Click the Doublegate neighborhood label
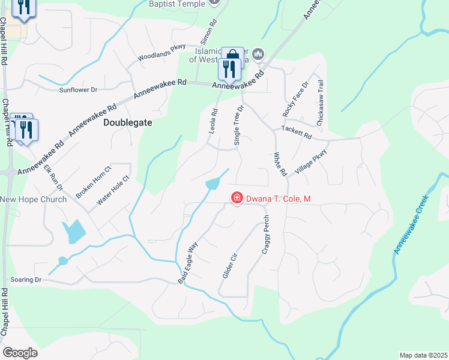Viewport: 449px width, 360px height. click(x=128, y=122)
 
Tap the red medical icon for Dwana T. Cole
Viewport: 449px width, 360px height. click(x=237, y=198)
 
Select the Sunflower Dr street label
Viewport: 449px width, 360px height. click(x=78, y=90)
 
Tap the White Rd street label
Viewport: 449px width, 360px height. click(x=280, y=164)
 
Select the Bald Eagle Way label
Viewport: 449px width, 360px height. click(x=187, y=263)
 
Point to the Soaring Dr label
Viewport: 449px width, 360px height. click(x=26, y=280)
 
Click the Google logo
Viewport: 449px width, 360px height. click(x=20, y=353)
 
